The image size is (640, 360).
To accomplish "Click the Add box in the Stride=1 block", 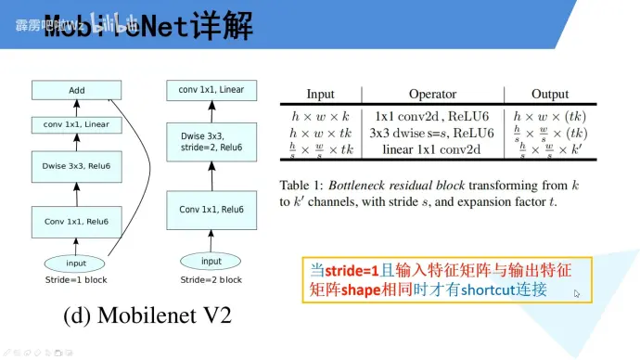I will coord(77,90).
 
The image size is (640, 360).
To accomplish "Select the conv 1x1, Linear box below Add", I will coord(77,124).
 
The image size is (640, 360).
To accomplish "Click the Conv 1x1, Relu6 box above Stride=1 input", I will coord(77,221).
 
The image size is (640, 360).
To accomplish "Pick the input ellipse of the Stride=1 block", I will coord(77,263).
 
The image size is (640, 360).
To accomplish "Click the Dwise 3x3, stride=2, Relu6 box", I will coord(211,141).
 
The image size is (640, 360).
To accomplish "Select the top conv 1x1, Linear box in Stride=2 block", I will coord(211,90).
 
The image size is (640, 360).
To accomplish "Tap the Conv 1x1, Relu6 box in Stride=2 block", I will coord(211,210).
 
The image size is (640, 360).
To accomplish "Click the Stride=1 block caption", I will coord(77,279).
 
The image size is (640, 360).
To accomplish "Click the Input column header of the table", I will coord(320,95).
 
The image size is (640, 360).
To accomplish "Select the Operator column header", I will coord(432,95).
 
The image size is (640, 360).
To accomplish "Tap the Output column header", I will coord(550,95).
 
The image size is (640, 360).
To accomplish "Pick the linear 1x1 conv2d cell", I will coord(432,149).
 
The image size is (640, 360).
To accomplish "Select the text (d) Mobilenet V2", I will coord(147,315).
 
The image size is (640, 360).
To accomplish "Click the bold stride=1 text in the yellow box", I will coord(353,271).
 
